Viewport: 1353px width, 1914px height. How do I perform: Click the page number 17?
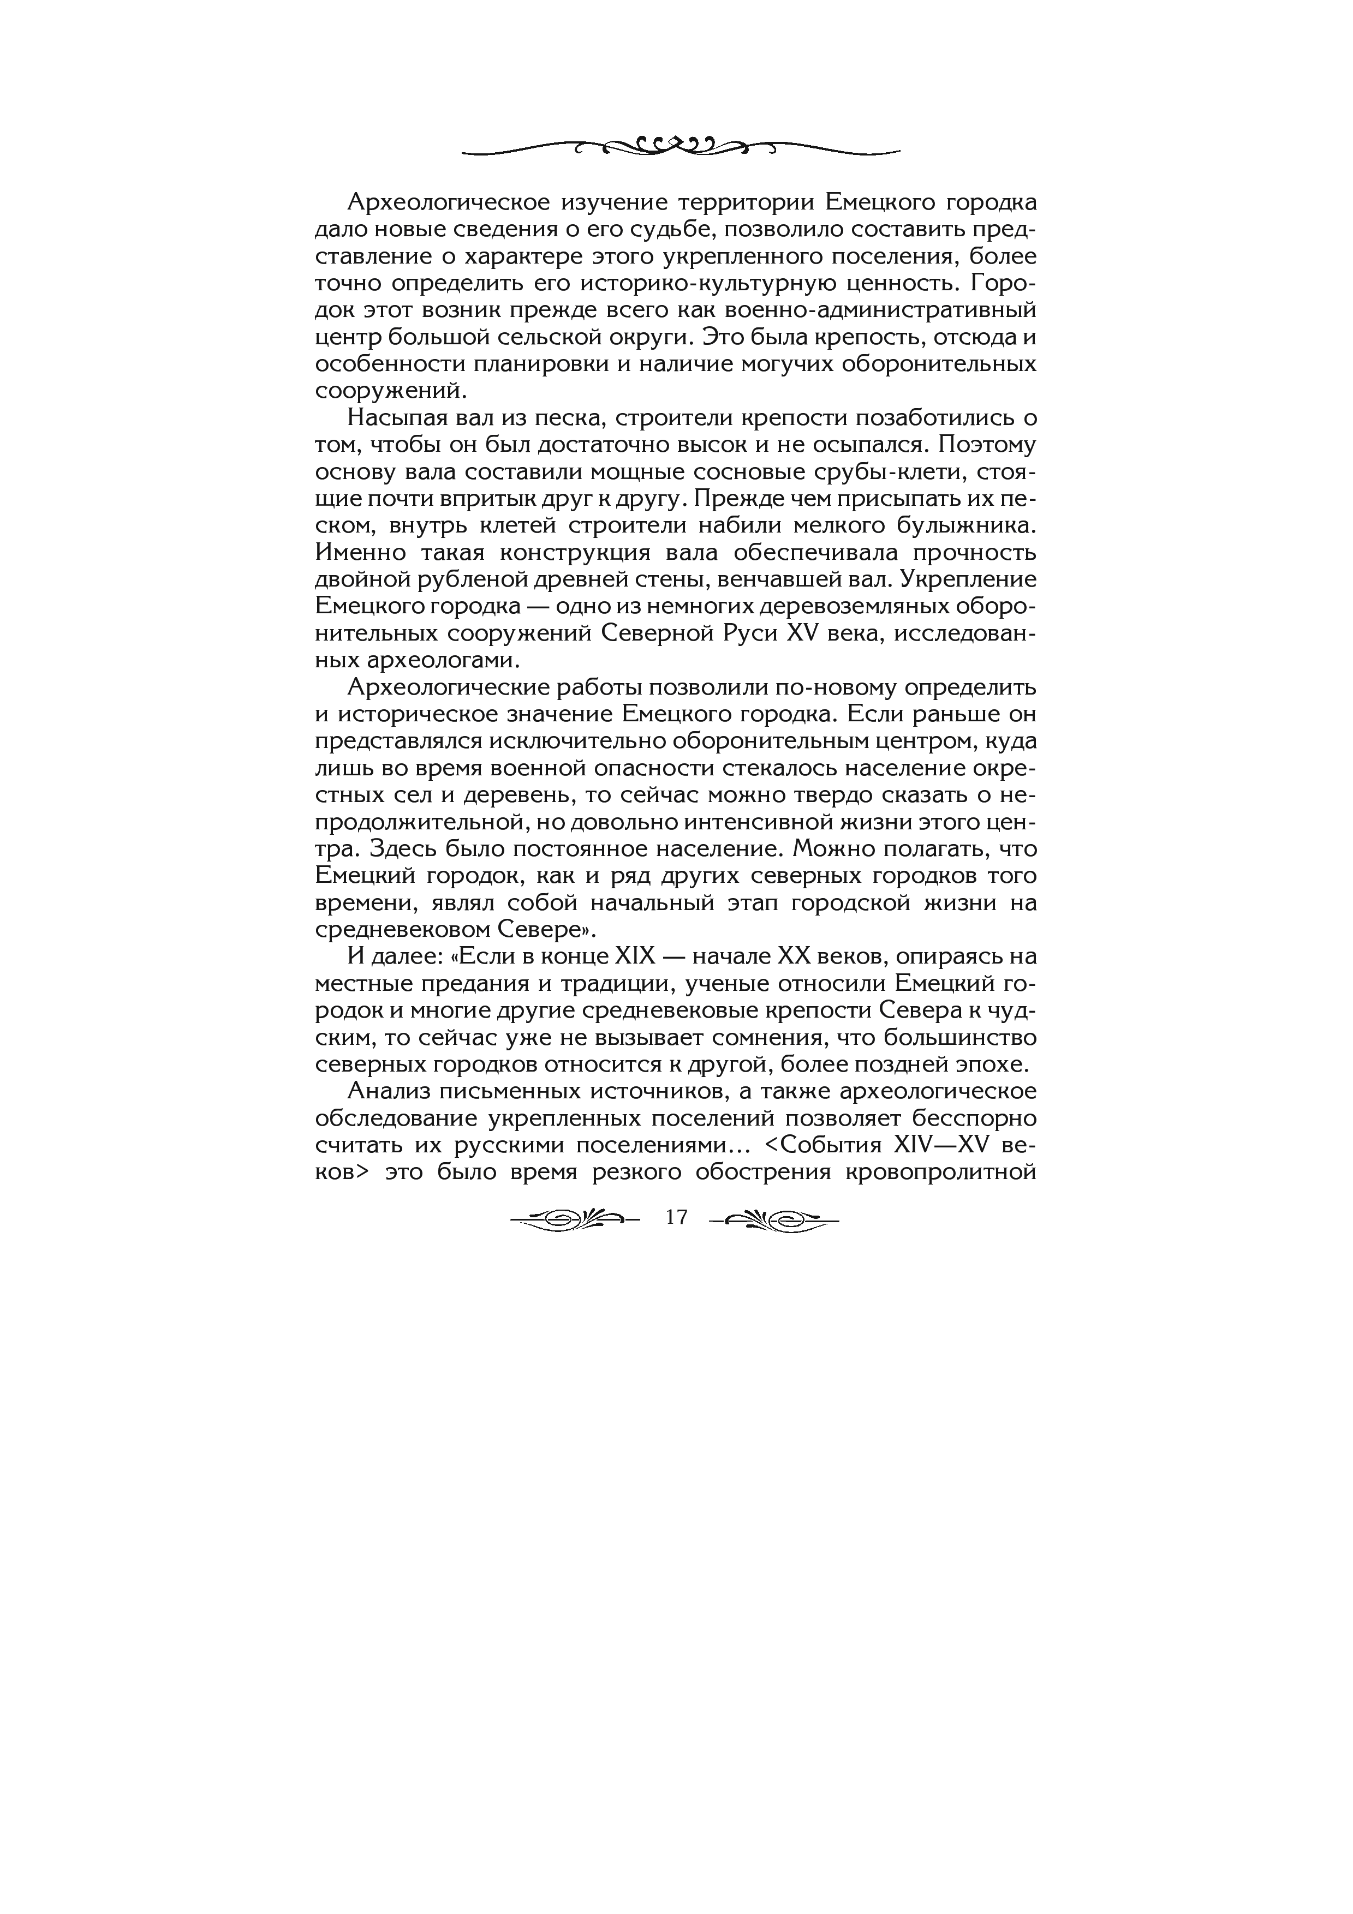[676, 1218]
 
